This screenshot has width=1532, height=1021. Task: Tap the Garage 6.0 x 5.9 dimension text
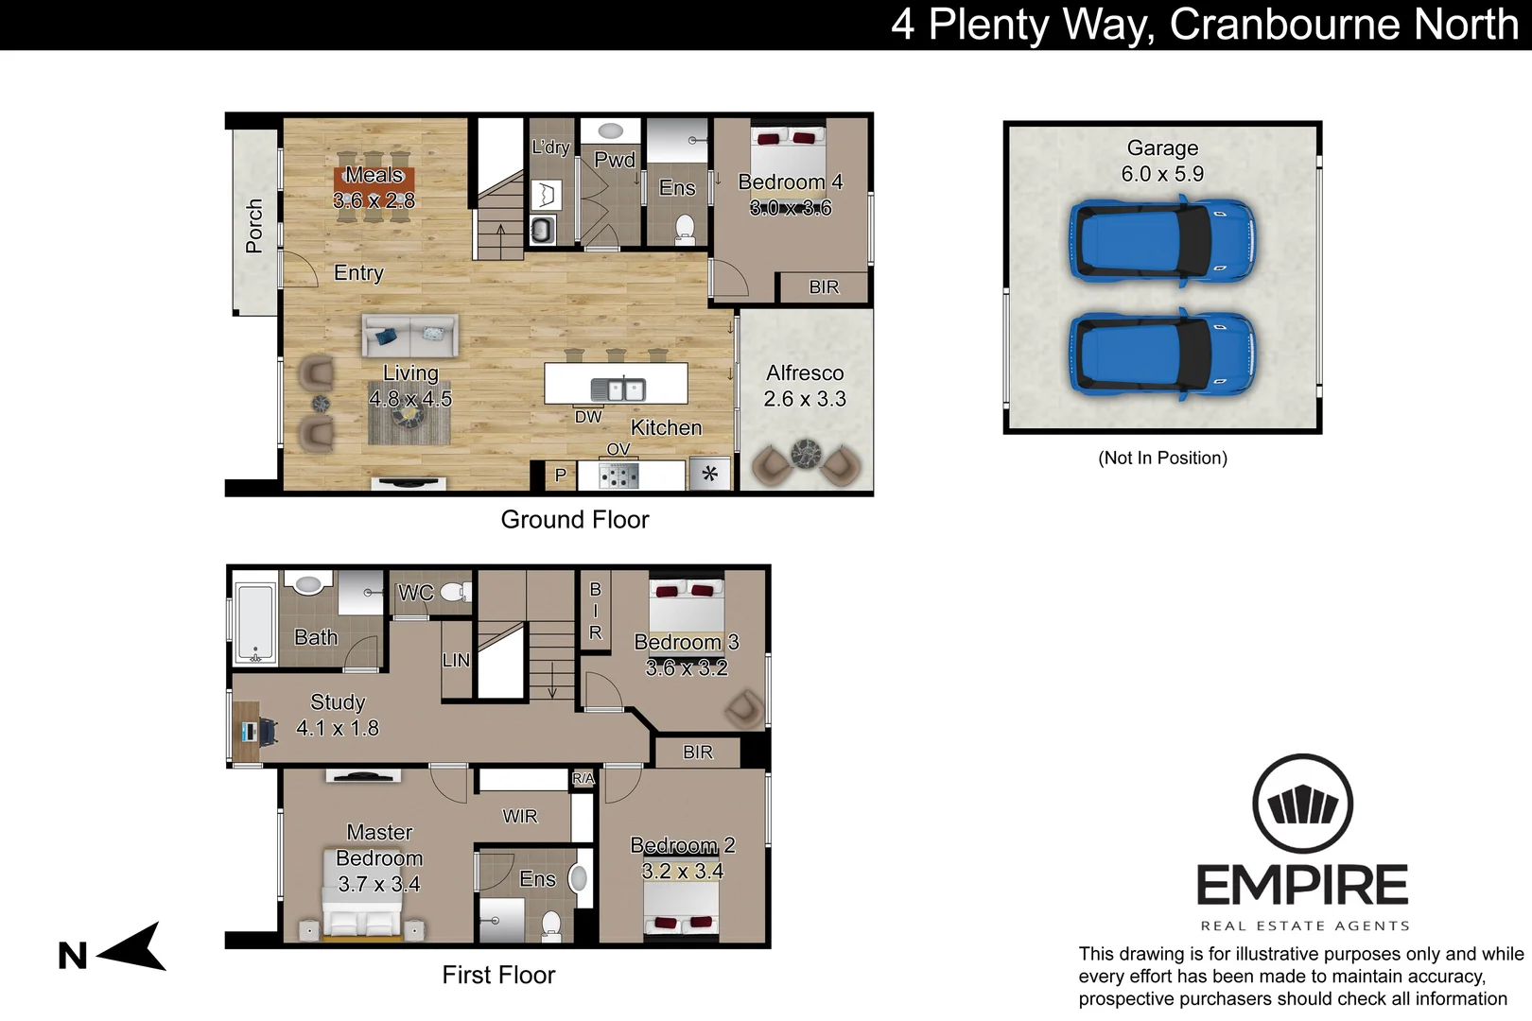[1162, 174]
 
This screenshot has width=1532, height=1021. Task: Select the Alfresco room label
[805, 372]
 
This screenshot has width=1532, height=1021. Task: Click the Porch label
[253, 226]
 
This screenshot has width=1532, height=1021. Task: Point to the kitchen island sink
[618, 389]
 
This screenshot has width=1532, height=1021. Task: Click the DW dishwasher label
[588, 417]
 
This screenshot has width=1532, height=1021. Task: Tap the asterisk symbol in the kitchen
[710, 474]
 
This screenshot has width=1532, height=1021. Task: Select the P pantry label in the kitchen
[561, 475]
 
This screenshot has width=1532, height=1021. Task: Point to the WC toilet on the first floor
[456, 592]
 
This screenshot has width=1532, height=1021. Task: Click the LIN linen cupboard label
[456, 660]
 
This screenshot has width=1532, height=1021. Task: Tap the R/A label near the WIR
[583, 778]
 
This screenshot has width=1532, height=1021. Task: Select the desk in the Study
[246, 732]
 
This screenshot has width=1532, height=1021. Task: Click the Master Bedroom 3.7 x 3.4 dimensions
[379, 884]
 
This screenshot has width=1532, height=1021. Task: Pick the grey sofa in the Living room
[409, 335]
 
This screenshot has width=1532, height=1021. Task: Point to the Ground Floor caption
[575, 520]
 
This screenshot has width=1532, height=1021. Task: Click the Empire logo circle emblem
[1303, 804]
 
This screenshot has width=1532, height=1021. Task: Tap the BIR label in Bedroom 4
[824, 287]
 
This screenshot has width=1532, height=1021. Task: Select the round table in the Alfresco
[807, 454]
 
